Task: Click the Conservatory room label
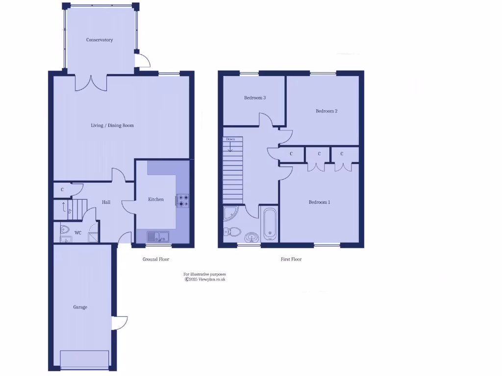point(100,40)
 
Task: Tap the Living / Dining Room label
point(112,125)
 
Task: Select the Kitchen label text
point(156,199)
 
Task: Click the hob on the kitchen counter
point(183,200)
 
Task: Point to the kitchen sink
point(158,237)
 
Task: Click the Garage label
point(80,307)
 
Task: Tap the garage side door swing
point(120,323)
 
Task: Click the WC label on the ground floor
point(78,233)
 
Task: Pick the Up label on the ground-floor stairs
point(70,211)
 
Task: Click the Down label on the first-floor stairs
point(230,139)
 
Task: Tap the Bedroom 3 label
point(255,98)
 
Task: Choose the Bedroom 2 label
point(326,111)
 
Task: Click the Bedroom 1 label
point(319,202)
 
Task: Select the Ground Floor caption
point(156,259)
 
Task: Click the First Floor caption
point(291,259)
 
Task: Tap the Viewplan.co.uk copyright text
point(205,280)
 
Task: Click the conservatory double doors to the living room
point(91,82)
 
